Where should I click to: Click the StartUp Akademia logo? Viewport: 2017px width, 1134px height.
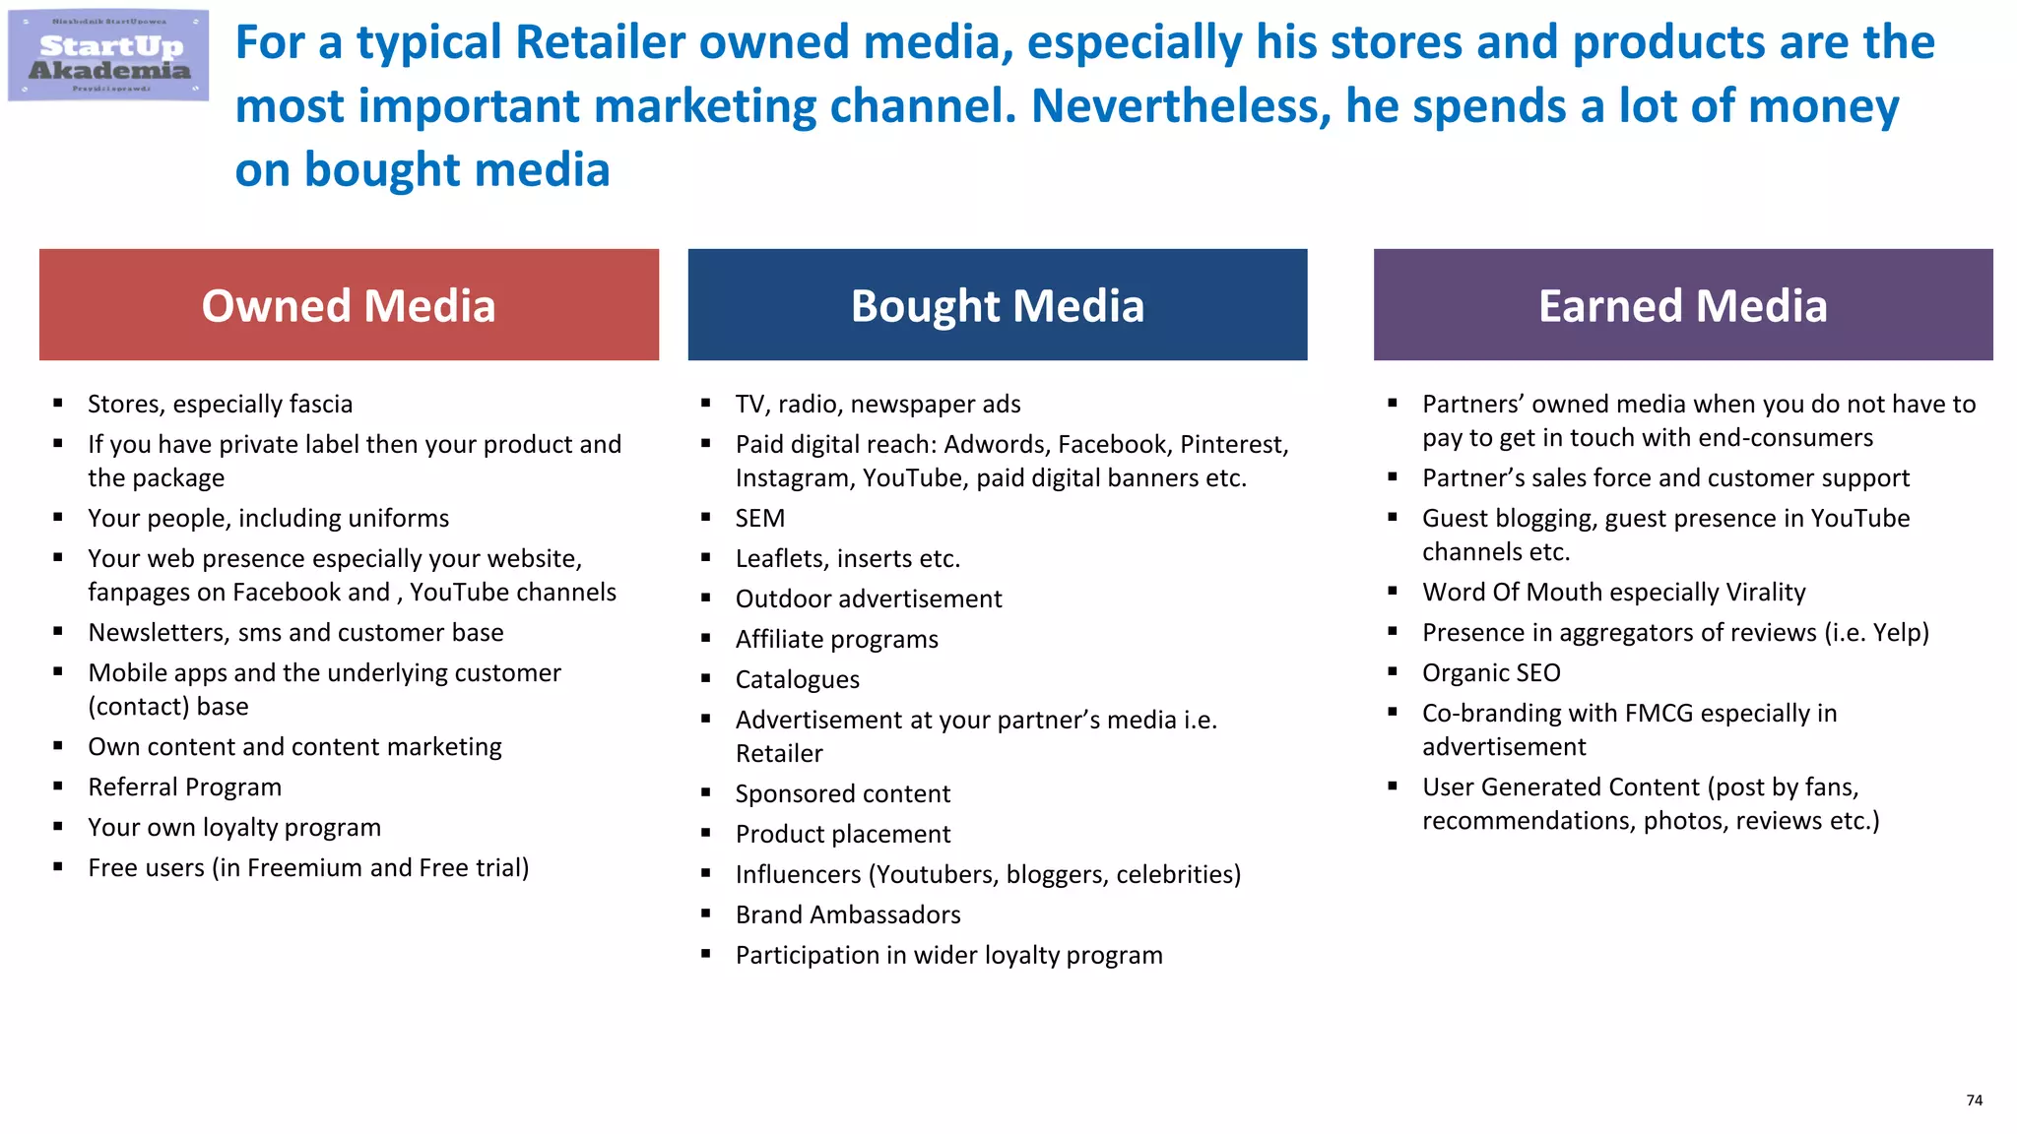tap(108, 55)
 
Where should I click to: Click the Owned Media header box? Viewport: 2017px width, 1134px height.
tap(349, 305)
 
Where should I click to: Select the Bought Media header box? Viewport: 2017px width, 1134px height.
tap(997, 305)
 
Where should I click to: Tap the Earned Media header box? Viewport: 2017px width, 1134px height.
tap(1682, 305)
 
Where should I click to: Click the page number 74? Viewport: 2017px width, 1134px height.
tap(1974, 1101)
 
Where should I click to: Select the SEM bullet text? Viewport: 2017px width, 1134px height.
tap(759, 519)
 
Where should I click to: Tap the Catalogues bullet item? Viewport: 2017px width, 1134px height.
tap(797, 680)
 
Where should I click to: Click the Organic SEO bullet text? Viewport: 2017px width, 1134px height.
tap(1491, 673)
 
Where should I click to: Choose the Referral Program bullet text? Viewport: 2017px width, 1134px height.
tap(184, 787)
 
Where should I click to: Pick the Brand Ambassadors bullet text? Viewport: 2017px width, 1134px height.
tap(848, 915)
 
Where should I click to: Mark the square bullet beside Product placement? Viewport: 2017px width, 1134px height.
tap(706, 834)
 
